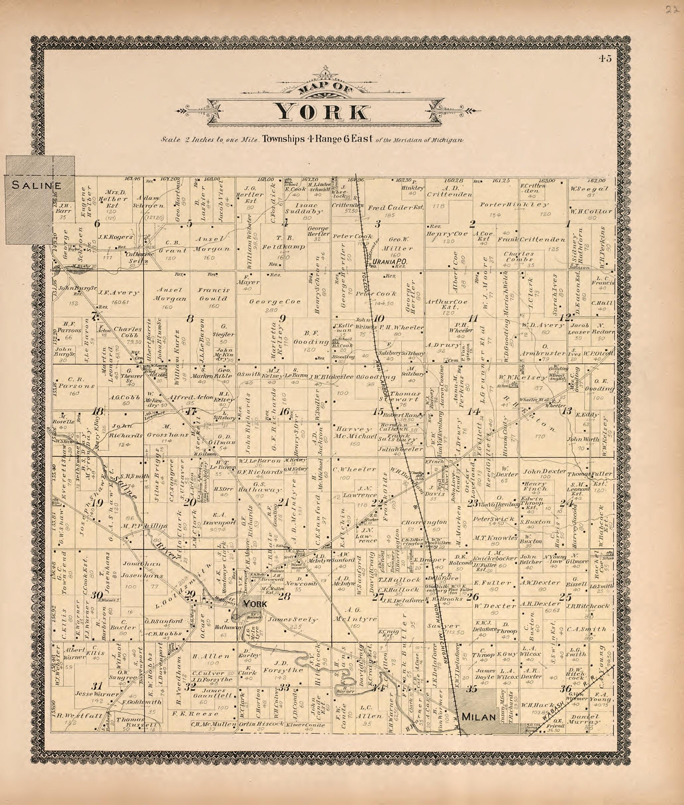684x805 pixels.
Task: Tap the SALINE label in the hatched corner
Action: click(37, 185)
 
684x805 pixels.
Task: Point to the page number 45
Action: click(605, 58)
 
